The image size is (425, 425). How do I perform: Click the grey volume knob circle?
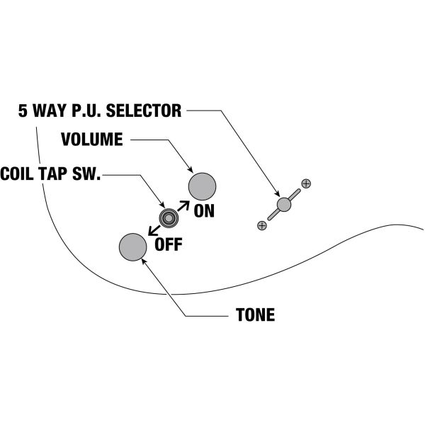tap(202, 186)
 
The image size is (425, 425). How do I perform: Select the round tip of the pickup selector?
tap(284, 205)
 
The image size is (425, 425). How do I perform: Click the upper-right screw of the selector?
tap(305, 184)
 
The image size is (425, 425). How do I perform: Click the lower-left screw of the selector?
tap(262, 225)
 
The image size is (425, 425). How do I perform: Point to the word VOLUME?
tap(91, 139)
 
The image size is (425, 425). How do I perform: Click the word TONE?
tap(254, 315)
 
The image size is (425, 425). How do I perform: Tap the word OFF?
tap(169, 245)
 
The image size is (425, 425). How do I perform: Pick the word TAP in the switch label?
tap(59, 174)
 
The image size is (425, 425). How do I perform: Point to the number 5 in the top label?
tap(23, 111)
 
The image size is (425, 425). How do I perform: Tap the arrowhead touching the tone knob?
tap(146, 260)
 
